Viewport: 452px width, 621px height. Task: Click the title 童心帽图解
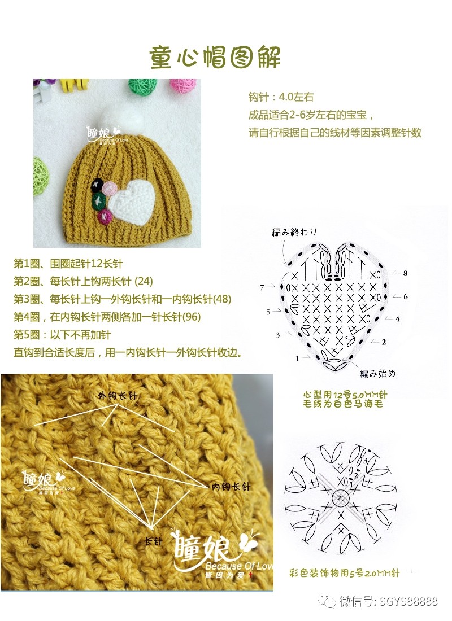point(215,56)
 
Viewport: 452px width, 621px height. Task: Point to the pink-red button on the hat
point(104,215)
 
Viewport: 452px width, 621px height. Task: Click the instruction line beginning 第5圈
point(62,335)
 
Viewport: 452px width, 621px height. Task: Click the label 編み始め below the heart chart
point(377,373)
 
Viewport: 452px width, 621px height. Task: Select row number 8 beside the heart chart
point(405,273)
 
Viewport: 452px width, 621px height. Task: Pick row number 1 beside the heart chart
point(297,358)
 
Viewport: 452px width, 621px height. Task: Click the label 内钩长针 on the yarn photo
point(231,486)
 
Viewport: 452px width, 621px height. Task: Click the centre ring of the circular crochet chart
point(341,497)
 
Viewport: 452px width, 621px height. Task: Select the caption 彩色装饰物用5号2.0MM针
point(344,573)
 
